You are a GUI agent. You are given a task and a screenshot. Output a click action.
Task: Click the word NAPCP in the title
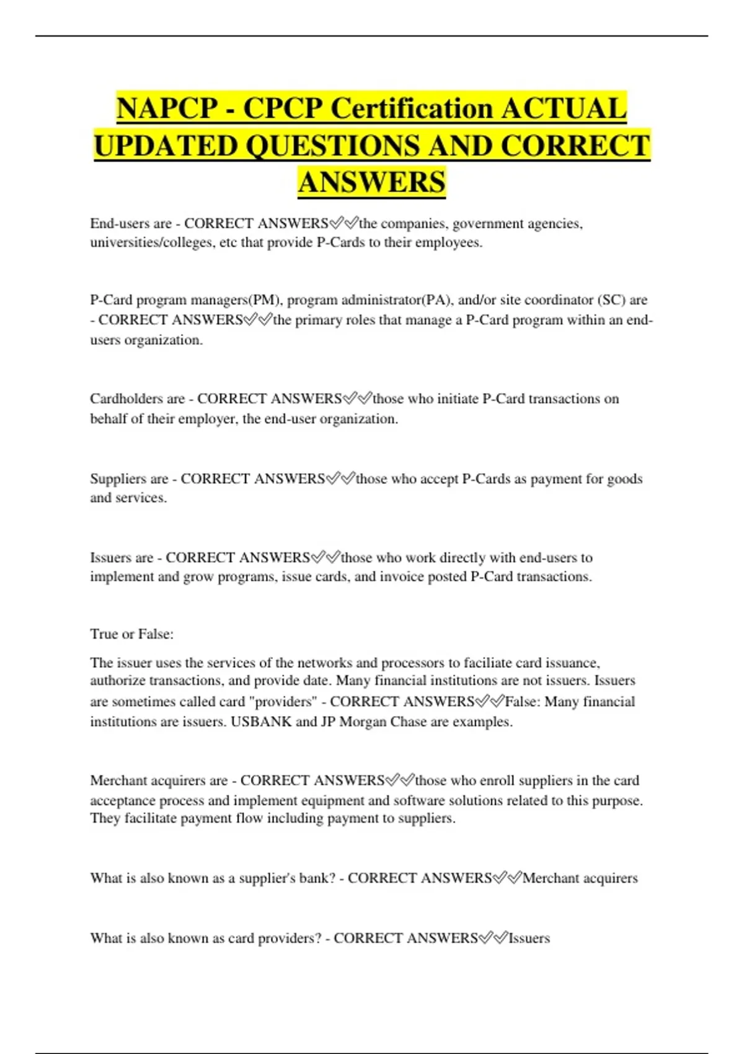166,108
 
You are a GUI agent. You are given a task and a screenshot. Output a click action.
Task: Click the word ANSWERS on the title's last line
371,183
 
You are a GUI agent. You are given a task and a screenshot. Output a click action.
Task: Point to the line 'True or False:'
132,634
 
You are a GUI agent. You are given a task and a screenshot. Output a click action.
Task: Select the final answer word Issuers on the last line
529,938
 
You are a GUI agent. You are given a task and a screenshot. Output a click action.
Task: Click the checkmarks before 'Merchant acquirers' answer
507,878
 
